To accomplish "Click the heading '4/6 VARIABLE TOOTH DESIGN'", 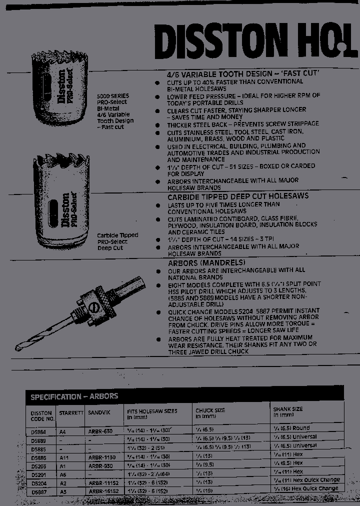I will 243,73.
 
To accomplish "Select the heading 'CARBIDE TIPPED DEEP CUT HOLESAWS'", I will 237,196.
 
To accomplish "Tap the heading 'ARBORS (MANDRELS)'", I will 206,262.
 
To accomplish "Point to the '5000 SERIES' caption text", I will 112,95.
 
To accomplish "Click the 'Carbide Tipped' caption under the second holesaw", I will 117,235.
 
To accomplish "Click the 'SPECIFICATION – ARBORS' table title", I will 74,396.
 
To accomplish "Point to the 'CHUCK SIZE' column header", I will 210,410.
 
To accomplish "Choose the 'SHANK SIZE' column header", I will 287,409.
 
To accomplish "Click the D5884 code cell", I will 38,431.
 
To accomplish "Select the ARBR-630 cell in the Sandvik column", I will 100,431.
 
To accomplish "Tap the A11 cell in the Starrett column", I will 63,457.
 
